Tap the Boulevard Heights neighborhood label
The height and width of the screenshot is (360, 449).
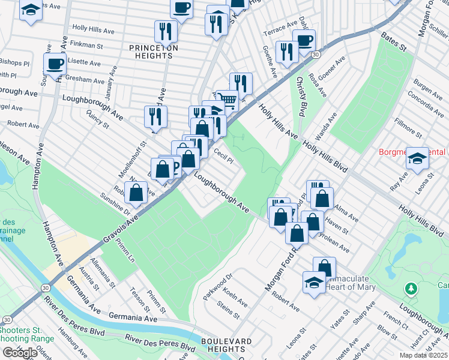click(x=226, y=346)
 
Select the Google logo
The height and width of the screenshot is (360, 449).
click(x=20, y=353)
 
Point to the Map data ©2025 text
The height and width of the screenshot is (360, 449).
click(x=423, y=355)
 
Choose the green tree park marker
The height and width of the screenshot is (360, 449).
click(x=411, y=290)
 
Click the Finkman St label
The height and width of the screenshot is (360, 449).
click(x=88, y=44)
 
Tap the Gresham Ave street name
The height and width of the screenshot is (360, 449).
click(x=86, y=80)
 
